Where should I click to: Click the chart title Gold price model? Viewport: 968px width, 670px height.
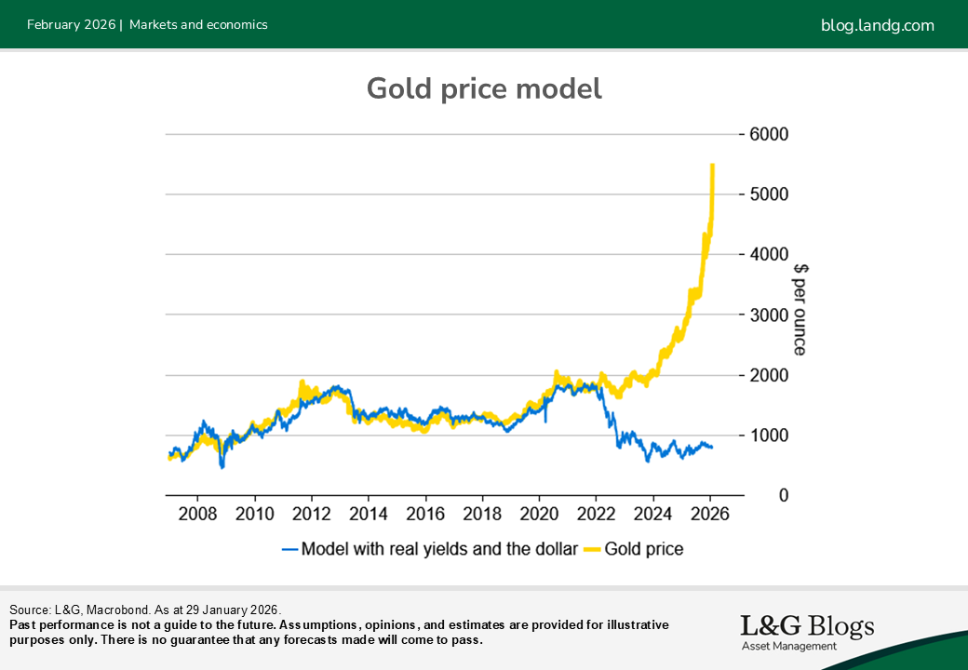tap(484, 88)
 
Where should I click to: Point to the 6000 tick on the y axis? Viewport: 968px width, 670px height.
tap(769, 134)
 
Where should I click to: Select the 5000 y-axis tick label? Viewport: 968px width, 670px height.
tap(769, 194)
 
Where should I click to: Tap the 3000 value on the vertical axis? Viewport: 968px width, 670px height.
tap(769, 315)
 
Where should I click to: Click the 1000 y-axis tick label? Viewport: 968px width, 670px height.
tap(769, 435)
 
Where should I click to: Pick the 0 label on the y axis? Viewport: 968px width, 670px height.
tap(757, 495)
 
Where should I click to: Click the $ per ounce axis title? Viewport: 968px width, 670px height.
tap(800, 309)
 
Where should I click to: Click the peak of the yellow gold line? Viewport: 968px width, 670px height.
tap(712, 165)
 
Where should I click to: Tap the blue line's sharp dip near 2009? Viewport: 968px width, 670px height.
tap(222, 465)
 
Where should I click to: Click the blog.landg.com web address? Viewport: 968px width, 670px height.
tap(877, 25)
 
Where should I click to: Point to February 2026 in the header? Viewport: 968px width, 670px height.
tap(71, 25)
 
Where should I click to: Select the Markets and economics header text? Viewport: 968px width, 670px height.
tap(198, 25)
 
